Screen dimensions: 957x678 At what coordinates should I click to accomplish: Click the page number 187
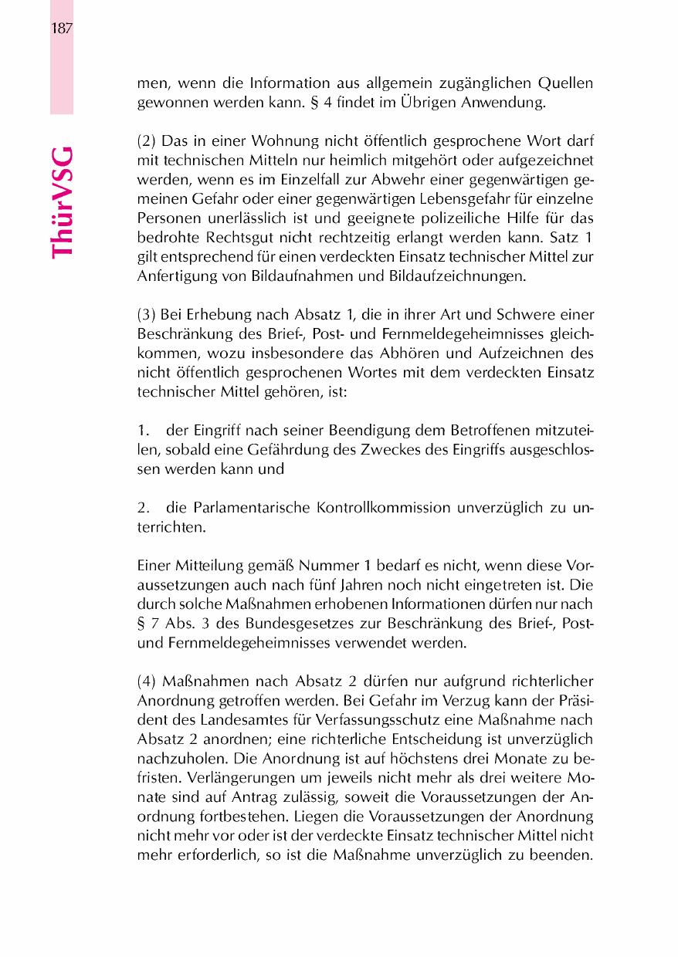[x=62, y=29]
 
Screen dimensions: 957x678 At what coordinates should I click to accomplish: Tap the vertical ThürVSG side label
[x=62, y=203]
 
